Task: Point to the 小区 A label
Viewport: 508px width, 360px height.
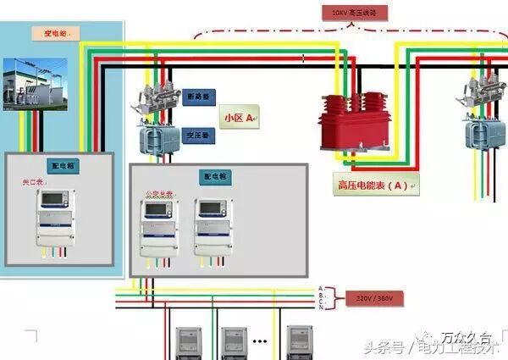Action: click(x=239, y=117)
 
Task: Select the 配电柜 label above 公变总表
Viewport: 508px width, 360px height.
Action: click(x=215, y=177)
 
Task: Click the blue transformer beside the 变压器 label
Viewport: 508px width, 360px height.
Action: click(x=155, y=136)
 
